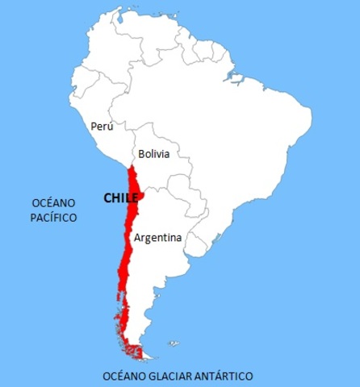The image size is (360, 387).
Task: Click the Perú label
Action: tap(102, 127)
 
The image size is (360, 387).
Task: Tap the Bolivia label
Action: tap(153, 153)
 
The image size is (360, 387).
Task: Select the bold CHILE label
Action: tap(120, 198)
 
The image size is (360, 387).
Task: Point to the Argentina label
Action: tap(157, 238)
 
